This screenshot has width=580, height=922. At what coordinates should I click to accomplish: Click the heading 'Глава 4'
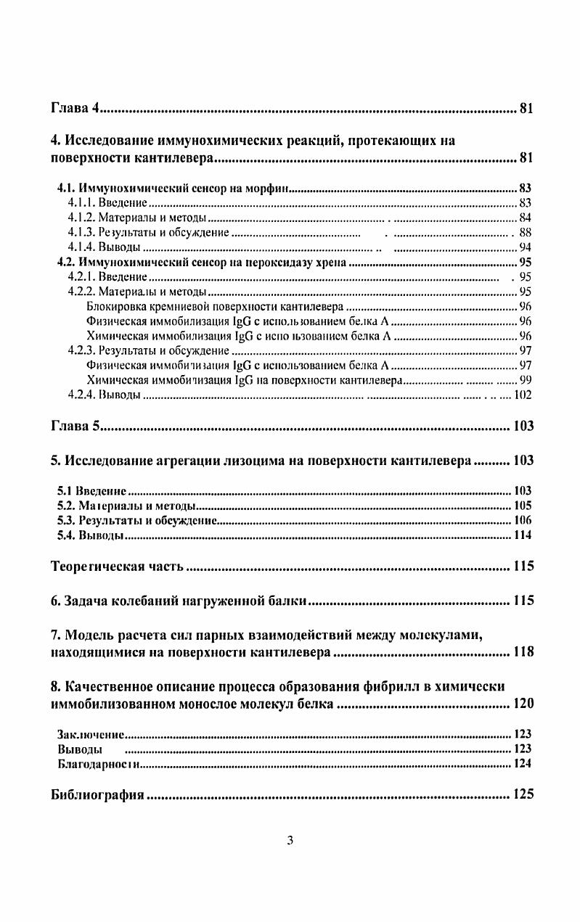tap(74, 110)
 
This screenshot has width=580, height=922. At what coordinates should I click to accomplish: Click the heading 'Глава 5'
tap(74, 426)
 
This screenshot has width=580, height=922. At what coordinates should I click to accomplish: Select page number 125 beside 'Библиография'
tap(523, 794)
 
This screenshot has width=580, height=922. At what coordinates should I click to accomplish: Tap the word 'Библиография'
tap(97, 794)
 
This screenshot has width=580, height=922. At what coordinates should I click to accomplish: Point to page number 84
tap(526, 218)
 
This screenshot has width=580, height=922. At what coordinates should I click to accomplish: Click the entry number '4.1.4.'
tap(81, 247)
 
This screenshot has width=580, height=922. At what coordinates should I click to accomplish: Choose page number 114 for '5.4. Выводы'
tap(523, 535)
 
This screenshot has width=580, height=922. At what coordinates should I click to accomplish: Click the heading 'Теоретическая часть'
tap(118, 567)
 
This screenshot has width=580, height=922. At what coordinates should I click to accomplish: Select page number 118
tap(523, 651)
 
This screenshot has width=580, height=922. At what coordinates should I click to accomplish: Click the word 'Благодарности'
tap(98, 763)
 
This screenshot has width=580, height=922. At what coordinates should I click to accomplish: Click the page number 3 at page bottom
tap(290, 841)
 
